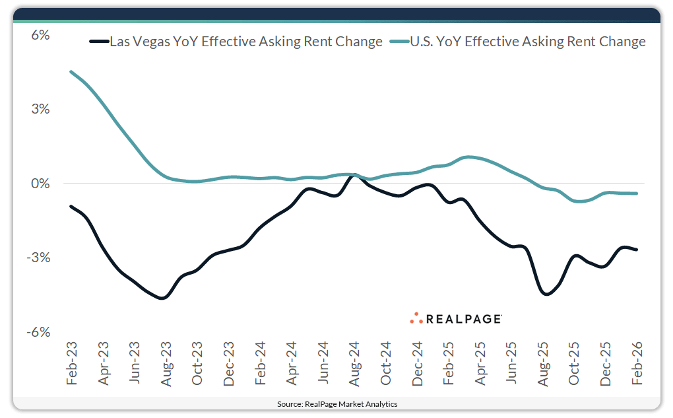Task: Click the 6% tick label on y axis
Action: point(41,35)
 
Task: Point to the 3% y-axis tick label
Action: point(41,109)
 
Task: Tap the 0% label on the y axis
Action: point(41,184)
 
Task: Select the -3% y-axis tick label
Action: point(40,258)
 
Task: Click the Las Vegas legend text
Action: point(245,42)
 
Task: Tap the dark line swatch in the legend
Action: point(98,42)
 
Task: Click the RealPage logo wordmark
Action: point(464,319)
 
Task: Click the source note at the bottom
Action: point(336,403)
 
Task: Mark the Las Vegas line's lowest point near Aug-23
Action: point(162,298)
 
